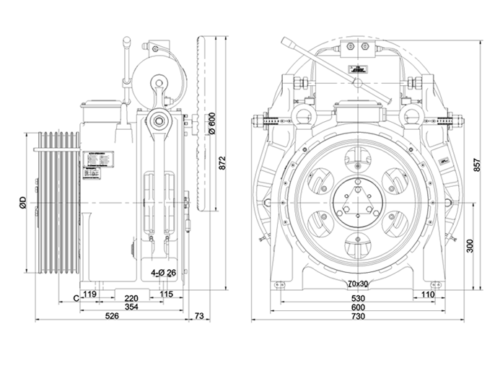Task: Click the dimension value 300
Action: [470, 247]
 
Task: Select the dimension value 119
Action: [90, 294]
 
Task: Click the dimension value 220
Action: [131, 296]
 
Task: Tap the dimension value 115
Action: [167, 294]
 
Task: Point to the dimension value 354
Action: [131, 306]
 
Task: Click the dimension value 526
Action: [113, 316]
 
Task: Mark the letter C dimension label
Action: [76, 296]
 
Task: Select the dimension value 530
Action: [358, 296]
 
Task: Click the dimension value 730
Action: [358, 316]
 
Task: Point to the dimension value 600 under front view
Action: [358, 306]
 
